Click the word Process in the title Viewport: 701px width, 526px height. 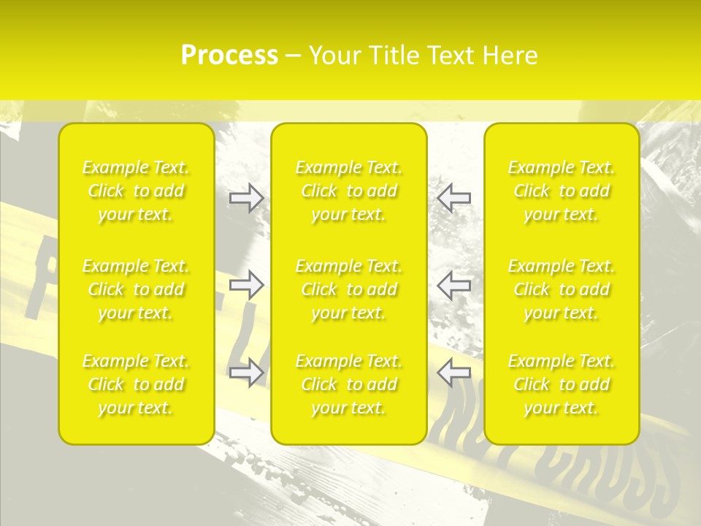pos(229,56)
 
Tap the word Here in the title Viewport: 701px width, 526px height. pos(510,56)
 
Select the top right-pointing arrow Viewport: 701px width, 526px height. pos(246,197)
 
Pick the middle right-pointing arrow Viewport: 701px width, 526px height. pos(246,284)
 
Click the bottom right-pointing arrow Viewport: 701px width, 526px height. pos(246,373)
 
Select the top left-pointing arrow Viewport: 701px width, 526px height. pos(453,197)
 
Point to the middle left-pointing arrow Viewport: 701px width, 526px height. pos(453,284)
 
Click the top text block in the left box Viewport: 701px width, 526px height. pos(136,191)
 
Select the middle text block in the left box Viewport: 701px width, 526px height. pos(136,289)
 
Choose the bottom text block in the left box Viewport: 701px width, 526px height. pos(136,384)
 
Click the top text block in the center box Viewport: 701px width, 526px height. pos(348,191)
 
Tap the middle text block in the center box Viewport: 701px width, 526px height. pos(348,289)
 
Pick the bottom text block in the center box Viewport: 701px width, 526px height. pos(348,384)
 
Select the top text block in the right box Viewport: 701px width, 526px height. pos(561,191)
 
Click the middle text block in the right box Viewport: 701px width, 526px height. pos(561,289)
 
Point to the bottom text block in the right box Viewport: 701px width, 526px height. pos(561,384)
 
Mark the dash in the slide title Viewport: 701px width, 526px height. pos(294,56)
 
